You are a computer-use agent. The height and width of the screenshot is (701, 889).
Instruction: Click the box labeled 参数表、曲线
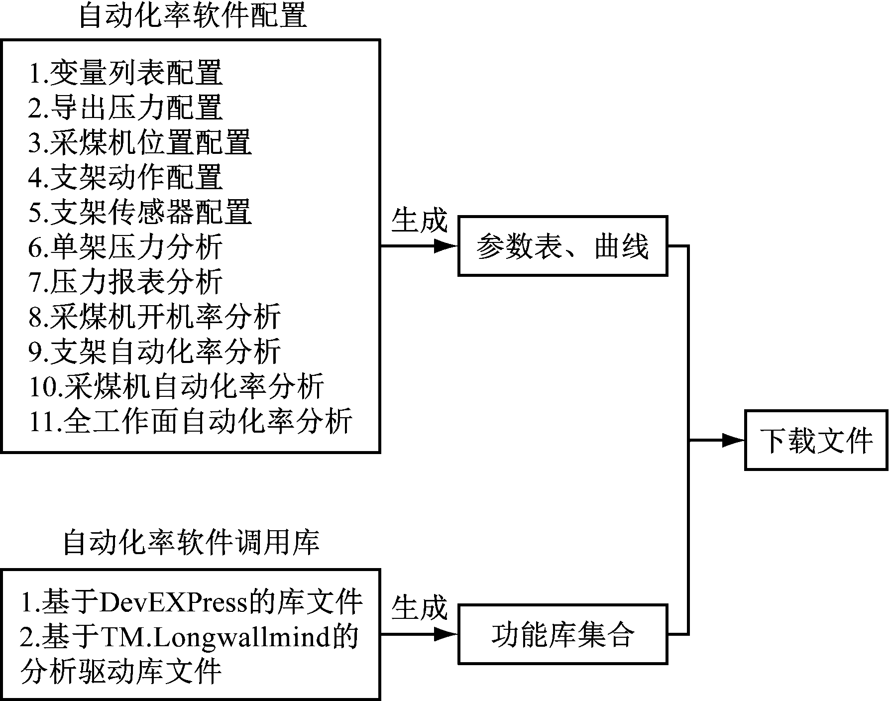pos(562,246)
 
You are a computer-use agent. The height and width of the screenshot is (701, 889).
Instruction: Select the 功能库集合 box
pos(562,634)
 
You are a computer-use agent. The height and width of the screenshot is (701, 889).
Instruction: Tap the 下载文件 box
pos(816,440)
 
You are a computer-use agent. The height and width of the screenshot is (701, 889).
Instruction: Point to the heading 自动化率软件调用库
pos(191,542)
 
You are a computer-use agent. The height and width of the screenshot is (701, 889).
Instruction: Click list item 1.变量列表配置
pos(125,73)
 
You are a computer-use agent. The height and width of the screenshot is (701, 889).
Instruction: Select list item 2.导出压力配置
pos(125,108)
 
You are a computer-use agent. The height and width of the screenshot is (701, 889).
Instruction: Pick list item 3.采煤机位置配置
pos(140,142)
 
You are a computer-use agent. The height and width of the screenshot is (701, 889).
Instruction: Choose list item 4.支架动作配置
pos(125,177)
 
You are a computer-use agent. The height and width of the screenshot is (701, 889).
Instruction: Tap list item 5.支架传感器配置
pos(140,212)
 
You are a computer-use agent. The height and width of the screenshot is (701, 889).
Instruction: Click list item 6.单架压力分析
pos(125,247)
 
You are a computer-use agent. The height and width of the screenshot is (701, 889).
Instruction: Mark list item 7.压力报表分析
pos(125,282)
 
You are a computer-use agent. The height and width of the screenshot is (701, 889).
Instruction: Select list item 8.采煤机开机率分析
pos(154,317)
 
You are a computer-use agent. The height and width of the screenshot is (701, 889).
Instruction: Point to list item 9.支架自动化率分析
pos(154,351)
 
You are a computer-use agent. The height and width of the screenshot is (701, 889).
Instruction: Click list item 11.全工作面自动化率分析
pos(191,421)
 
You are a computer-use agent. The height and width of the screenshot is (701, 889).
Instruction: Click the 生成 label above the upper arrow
pos(419,220)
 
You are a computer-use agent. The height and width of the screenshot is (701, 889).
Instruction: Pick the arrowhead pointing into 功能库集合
pos(446,634)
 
